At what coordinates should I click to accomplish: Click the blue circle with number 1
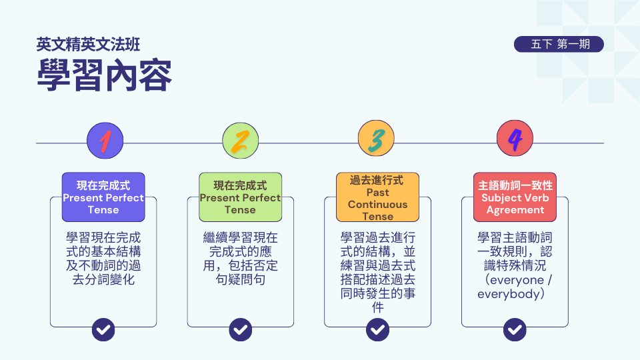click(x=105, y=141)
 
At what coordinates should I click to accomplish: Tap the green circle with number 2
click(x=241, y=141)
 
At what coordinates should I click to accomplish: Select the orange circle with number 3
click(x=376, y=138)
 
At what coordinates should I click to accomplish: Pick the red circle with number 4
click(x=515, y=138)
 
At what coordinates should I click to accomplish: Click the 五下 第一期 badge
click(x=559, y=44)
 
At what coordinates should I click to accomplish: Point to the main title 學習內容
click(x=105, y=75)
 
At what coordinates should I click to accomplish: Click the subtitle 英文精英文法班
click(x=88, y=45)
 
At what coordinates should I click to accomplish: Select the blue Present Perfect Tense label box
click(x=103, y=197)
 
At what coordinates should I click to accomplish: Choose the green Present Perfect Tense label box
click(x=241, y=197)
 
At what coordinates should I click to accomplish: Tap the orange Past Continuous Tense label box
click(x=377, y=197)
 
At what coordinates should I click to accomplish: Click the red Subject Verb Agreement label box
click(x=515, y=197)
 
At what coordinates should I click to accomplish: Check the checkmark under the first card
click(x=103, y=329)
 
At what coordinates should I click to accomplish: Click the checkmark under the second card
click(x=241, y=329)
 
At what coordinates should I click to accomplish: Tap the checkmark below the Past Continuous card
click(x=377, y=329)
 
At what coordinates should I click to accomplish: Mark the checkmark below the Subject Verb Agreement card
click(x=515, y=329)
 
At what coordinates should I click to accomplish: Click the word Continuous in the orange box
click(x=377, y=205)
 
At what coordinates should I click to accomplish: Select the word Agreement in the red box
click(x=515, y=210)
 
